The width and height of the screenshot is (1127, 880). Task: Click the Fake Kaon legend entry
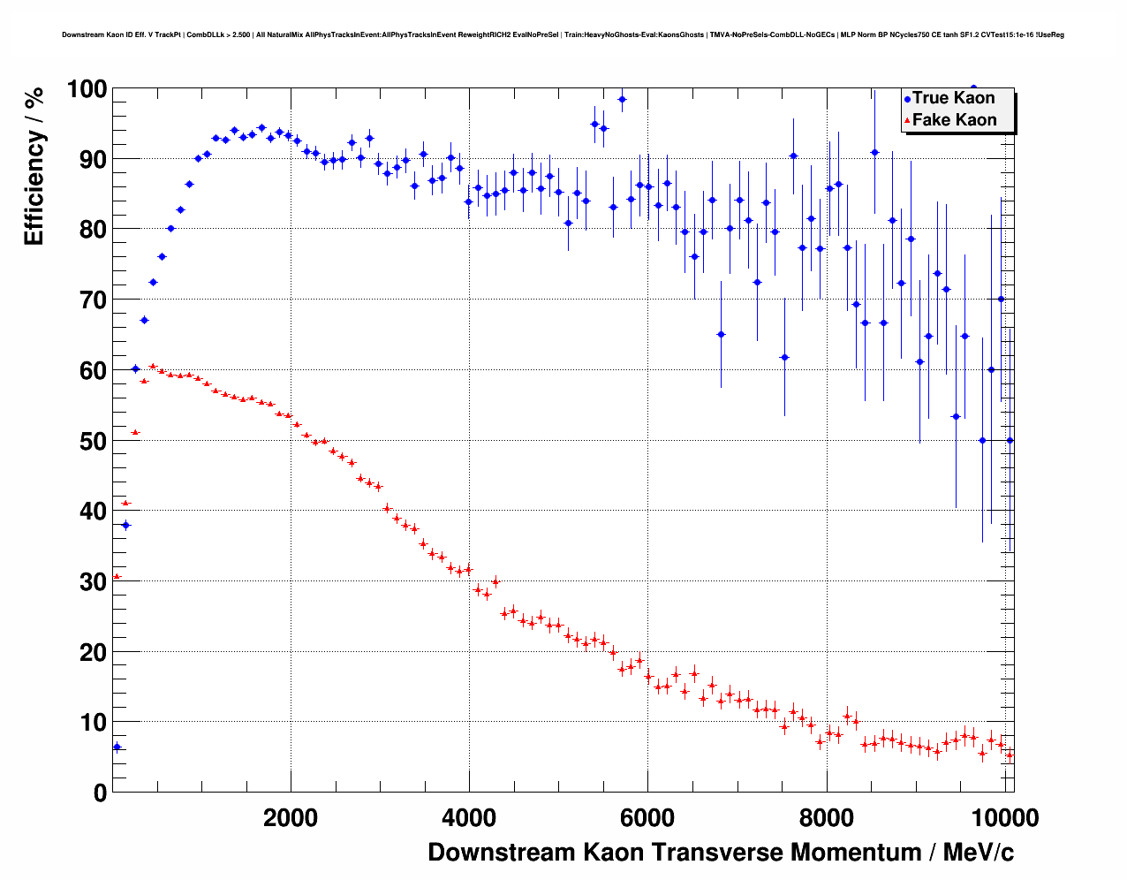953,120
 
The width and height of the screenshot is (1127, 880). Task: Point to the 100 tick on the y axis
87,89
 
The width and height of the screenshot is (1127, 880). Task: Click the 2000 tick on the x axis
291,817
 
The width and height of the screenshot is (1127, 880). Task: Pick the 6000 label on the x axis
647,817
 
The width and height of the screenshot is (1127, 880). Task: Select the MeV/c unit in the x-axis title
979,853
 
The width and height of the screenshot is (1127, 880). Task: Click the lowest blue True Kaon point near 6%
117,747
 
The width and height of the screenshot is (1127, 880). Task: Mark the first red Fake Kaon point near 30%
117,576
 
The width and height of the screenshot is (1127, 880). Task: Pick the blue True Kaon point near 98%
622,99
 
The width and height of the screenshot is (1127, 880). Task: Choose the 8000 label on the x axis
826,817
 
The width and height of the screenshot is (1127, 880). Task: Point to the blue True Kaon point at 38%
125,525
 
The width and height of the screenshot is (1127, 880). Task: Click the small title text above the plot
563,35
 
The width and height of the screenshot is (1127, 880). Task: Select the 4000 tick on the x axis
469,817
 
